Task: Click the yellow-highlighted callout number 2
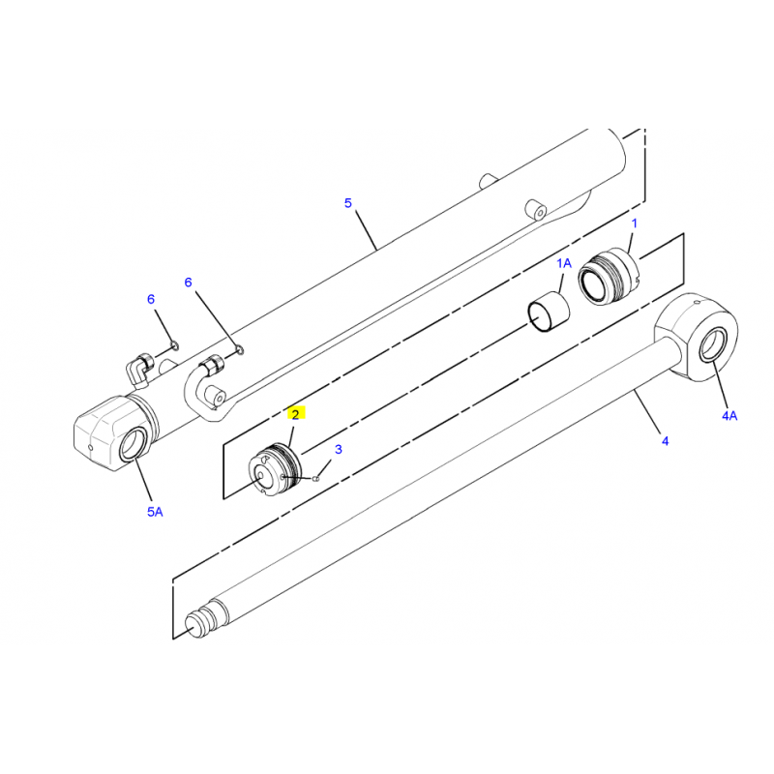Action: (x=296, y=414)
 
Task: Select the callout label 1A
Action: (x=564, y=263)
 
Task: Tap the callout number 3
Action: (x=338, y=449)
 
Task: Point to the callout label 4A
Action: (x=729, y=416)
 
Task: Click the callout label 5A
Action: (x=155, y=512)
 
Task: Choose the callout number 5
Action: (x=348, y=203)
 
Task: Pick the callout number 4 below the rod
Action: (x=665, y=441)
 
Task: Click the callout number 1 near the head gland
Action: (x=635, y=223)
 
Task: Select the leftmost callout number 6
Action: (x=151, y=299)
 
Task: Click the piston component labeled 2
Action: (x=275, y=470)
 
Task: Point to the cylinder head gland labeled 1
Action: (x=610, y=276)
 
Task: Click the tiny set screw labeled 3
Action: (x=316, y=478)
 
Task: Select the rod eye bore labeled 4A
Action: (x=713, y=344)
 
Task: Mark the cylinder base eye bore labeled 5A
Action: (x=134, y=445)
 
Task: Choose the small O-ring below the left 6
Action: (x=173, y=344)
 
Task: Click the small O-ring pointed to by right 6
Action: (x=239, y=350)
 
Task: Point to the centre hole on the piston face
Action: (x=259, y=475)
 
